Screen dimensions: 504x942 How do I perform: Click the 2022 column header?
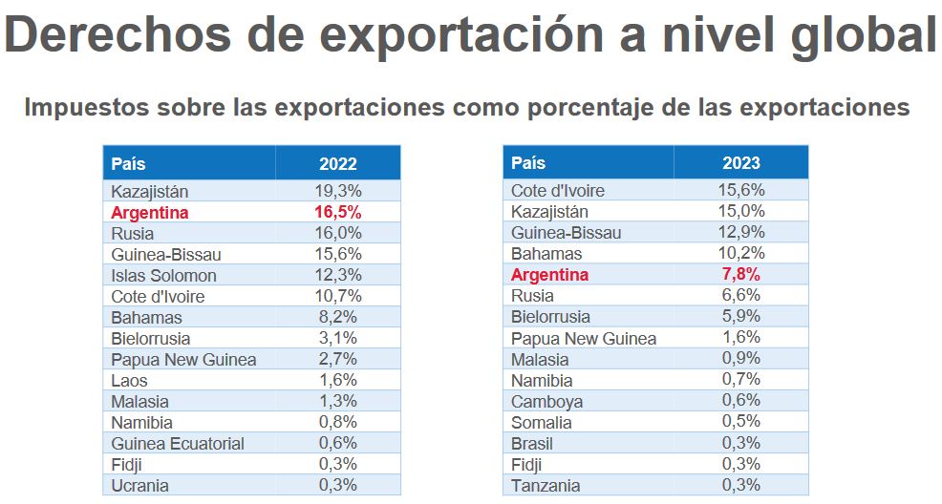point(337,163)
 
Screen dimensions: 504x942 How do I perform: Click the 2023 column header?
point(740,163)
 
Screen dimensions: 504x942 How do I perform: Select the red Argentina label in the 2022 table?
point(150,213)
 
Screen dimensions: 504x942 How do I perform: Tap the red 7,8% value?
point(740,275)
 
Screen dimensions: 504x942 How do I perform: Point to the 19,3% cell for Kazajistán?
point(337,191)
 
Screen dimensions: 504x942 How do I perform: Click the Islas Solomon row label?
point(163,276)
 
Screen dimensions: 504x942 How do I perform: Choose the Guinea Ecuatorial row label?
point(178,444)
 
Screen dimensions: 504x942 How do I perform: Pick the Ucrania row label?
point(139,486)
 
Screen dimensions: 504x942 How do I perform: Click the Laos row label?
point(129,381)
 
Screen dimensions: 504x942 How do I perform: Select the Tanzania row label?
point(546,486)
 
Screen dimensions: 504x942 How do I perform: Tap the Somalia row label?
point(542,423)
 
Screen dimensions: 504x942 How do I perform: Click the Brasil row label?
point(532,444)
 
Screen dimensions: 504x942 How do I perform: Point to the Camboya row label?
point(546,402)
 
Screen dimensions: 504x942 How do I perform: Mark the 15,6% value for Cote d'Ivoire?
point(740,191)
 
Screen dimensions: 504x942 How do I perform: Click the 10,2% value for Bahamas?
point(740,254)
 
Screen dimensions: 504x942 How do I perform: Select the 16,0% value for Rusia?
point(337,234)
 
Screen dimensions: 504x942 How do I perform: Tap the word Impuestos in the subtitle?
point(79,107)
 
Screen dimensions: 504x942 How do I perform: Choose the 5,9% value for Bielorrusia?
point(740,317)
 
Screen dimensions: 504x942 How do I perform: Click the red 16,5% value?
point(337,213)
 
